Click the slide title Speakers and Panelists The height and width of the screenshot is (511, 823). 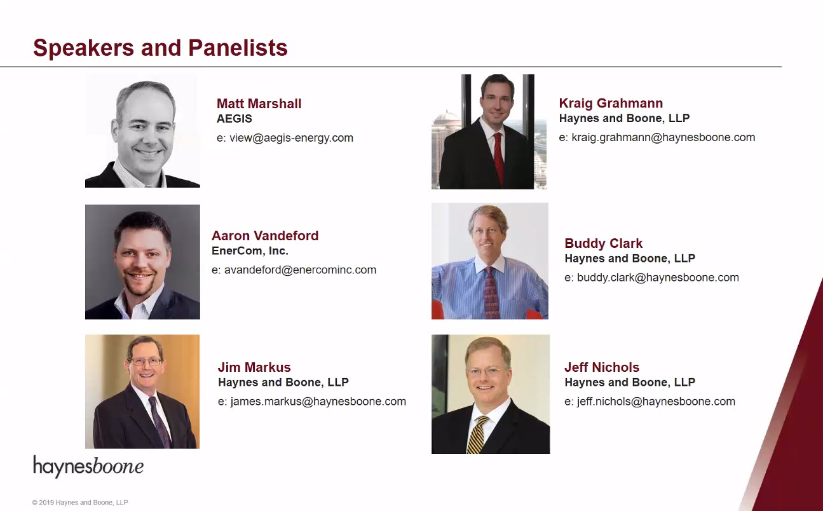click(x=160, y=48)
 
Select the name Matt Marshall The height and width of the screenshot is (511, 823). click(x=259, y=104)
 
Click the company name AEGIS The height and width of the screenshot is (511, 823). click(x=235, y=119)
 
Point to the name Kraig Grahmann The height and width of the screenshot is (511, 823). click(x=611, y=103)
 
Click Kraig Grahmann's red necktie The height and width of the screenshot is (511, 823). click(x=498, y=158)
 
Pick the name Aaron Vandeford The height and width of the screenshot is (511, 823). click(x=265, y=235)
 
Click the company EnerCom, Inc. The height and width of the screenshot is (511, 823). click(x=250, y=251)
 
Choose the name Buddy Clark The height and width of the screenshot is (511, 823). click(x=603, y=243)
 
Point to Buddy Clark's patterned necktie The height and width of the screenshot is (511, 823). click(x=491, y=293)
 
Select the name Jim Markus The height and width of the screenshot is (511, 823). click(x=254, y=367)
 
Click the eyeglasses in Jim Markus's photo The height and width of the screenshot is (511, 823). click(x=146, y=362)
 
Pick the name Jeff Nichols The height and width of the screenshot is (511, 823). click(x=602, y=367)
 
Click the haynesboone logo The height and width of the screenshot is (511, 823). click(x=88, y=467)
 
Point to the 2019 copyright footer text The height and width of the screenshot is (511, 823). click(x=80, y=502)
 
